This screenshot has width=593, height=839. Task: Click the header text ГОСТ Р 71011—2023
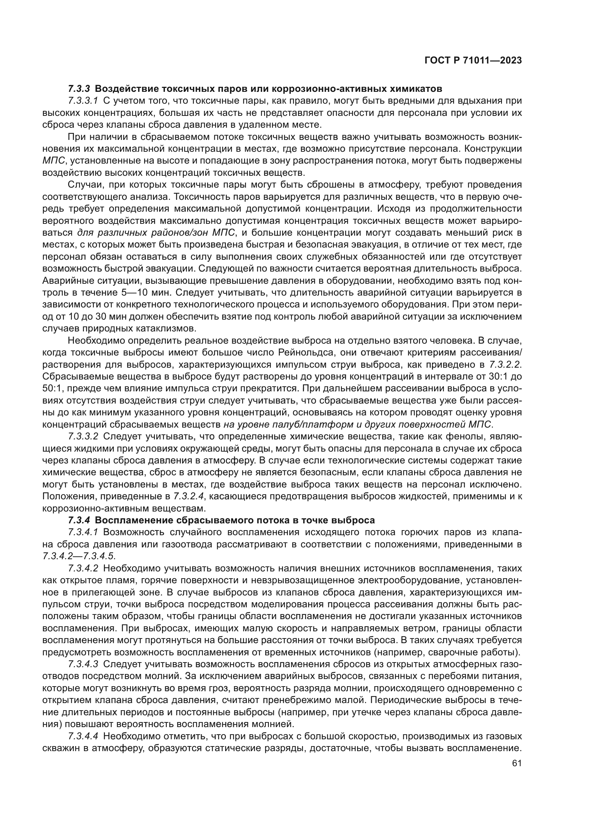tap(473, 61)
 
